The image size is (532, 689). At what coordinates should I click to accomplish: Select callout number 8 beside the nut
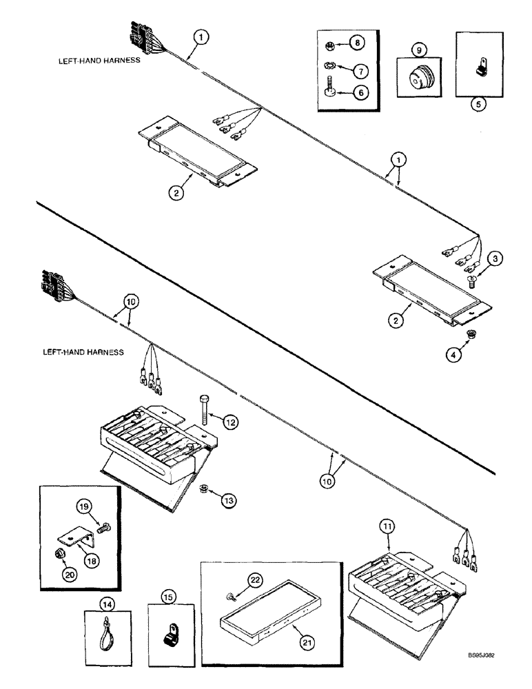(x=358, y=43)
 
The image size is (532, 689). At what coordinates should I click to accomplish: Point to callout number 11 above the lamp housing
(x=389, y=529)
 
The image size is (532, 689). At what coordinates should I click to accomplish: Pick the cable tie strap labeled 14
(x=105, y=630)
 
